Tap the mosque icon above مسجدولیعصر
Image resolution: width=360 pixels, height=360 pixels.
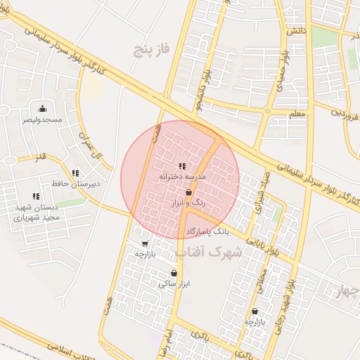pos(42,108)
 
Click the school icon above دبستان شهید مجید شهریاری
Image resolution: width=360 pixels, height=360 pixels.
pos(35,196)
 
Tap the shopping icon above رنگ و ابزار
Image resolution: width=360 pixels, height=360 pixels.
pos(188,192)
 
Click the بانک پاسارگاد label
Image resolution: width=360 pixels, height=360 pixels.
pos(208,231)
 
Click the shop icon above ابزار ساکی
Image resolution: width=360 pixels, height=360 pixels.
pos(174,273)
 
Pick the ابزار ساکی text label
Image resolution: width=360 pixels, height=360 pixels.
pos(174,284)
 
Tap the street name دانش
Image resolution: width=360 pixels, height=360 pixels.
pos(295,32)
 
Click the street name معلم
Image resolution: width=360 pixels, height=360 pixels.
pos(296,113)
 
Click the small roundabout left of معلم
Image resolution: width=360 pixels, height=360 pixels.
pos(267,111)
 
